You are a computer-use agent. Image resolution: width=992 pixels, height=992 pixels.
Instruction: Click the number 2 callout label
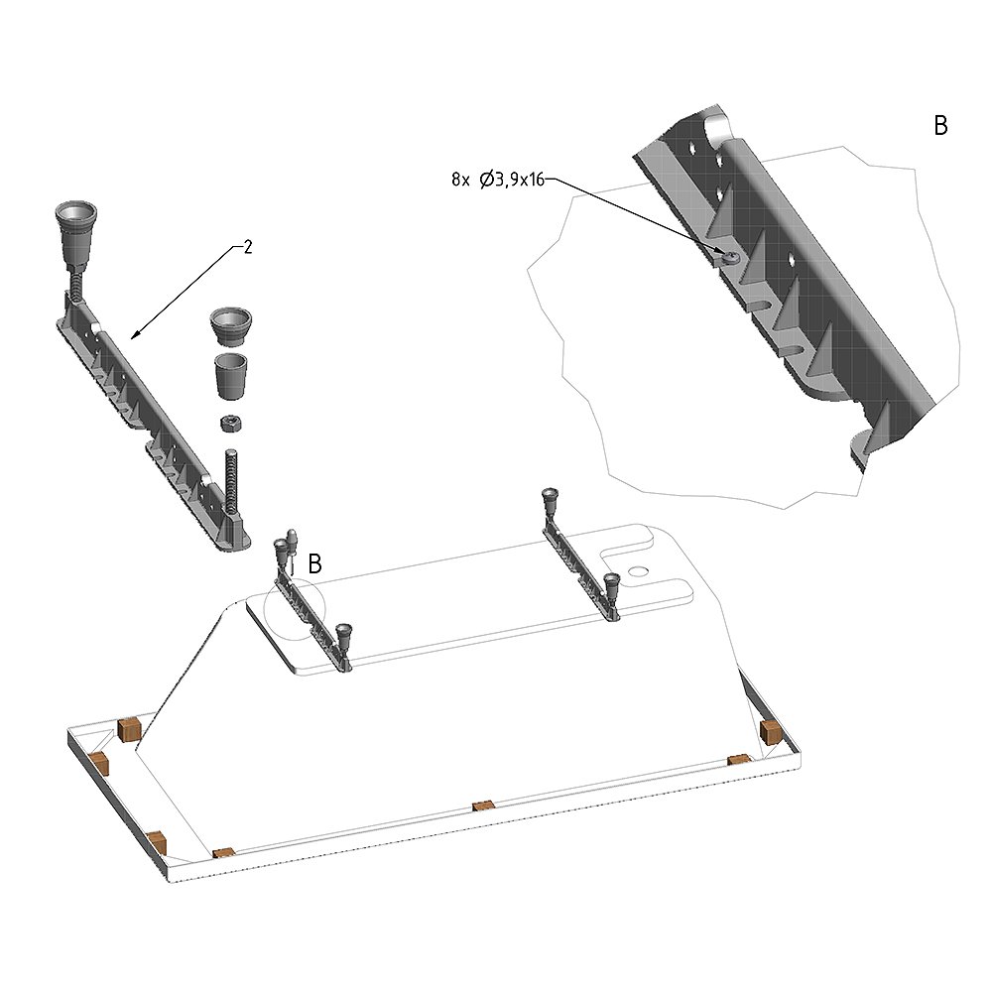pos(248,247)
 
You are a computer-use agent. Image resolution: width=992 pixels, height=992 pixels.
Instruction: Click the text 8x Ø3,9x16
pos(498,180)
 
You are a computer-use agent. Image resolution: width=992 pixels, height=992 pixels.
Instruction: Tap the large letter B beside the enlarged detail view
pos(940,126)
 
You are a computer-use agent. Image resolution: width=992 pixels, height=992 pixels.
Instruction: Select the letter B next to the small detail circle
pos(314,563)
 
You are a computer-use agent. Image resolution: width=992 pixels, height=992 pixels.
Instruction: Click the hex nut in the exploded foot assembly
pos(229,424)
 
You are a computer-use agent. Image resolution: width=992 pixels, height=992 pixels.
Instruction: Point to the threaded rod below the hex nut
pos(231,476)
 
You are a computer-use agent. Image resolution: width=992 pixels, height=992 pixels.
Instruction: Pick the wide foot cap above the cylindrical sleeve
pos(230,326)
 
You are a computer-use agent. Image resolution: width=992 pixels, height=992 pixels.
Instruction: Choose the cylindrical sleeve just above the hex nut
pos(230,376)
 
